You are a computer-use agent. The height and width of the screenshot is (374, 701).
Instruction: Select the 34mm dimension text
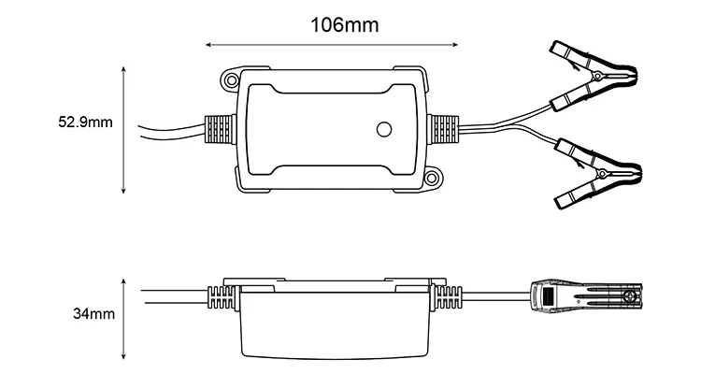tap(93, 315)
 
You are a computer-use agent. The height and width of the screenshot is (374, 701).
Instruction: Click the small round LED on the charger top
tap(382, 130)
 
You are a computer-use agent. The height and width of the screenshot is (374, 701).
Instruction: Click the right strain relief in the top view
tap(444, 128)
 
